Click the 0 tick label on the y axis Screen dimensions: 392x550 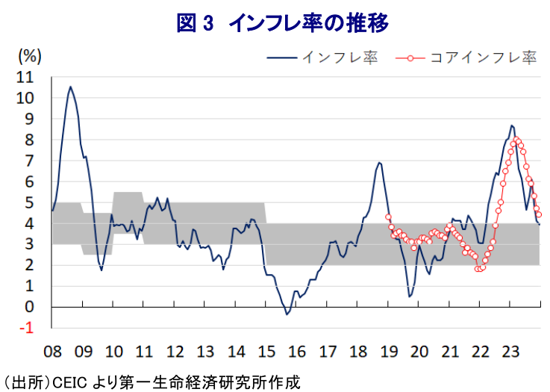point(29,307)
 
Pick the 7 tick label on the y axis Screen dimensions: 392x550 point(29,161)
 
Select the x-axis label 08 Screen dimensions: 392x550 point(52,352)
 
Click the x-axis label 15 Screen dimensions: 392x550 point(266,352)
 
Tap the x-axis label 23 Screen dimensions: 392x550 point(510,352)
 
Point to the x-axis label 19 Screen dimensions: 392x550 point(388,352)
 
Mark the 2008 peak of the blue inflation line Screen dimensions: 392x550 point(70,87)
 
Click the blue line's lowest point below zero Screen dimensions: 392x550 point(287,314)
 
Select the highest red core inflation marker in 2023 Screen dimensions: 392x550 point(517,140)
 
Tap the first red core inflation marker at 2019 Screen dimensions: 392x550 point(388,217)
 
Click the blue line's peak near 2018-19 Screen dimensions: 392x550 point(379,163)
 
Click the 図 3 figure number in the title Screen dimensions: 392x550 point(195,23)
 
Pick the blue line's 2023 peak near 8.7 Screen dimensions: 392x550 point(511,125)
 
